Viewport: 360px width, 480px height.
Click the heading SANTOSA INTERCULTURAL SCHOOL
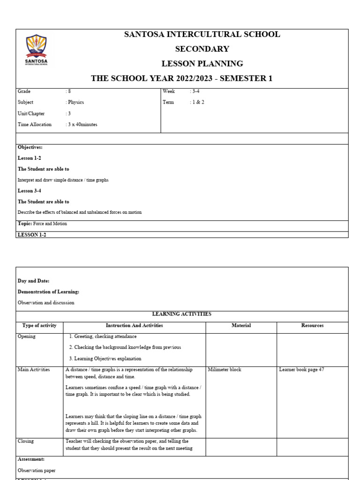(x=202, y=34)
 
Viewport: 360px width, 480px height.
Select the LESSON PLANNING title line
(x=202, y=64)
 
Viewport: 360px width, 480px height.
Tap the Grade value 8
(x=69, y=91)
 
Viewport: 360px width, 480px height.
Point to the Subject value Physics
(x=75, y=102)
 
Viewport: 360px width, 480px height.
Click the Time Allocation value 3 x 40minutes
(x=82, y=125)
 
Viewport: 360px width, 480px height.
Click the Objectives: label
(x=30, y=147)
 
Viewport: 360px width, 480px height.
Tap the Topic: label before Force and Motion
(x=25, y=224)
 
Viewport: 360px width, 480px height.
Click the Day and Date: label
(x=33, y=281)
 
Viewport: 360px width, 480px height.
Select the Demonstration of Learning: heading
(x=48, y=292)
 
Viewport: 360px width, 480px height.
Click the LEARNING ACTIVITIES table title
(x=182, y=314)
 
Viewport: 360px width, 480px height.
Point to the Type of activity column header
(x=39, y=325)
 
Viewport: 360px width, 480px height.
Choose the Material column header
(x=241, y=325)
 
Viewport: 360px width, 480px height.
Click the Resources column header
(x=312, y=325)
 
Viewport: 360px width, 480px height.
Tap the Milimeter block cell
(x=225, y=370)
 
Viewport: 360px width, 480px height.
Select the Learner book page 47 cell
(x=301, y=370)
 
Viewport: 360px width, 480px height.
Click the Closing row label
(x=26, y=441)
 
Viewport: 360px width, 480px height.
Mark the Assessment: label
(x=31, y=459)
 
